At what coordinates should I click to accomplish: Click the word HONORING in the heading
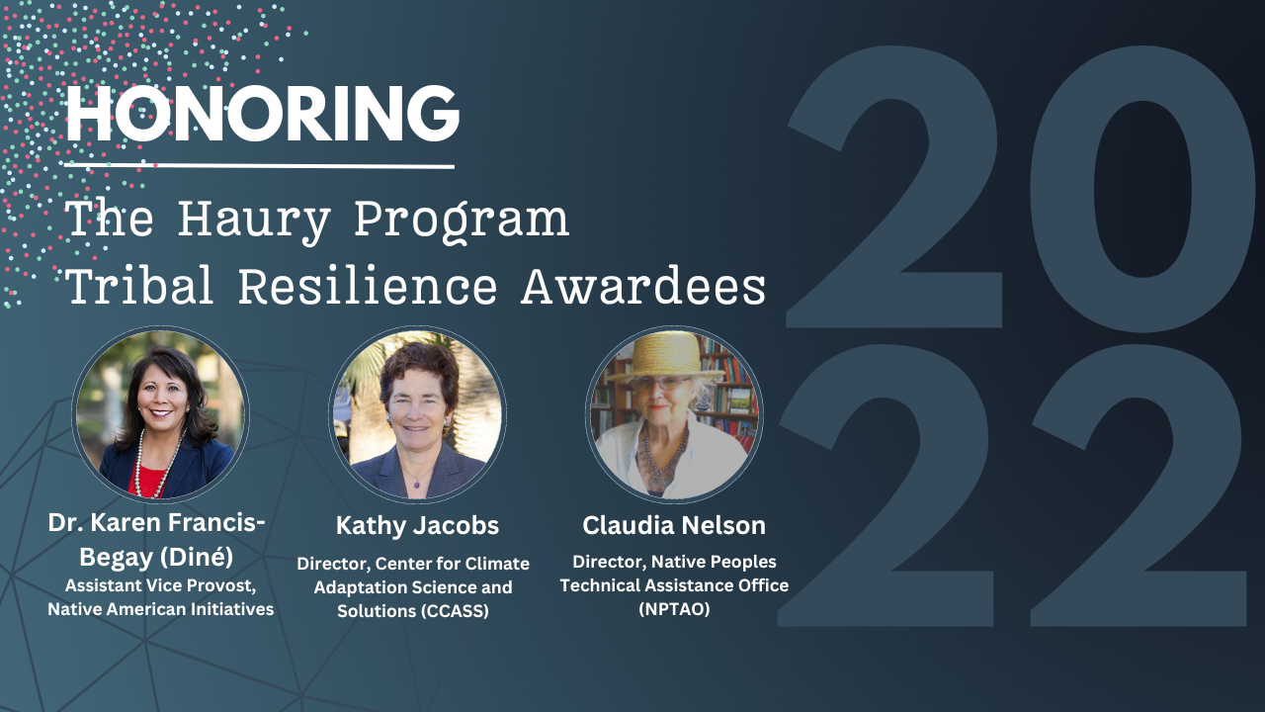pyautogui.click(x=263, y=114)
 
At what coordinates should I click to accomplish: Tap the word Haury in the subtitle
pyautogui.click(x=254, y=221)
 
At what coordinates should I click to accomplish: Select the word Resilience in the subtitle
pyautogui.click(x=368, y=286)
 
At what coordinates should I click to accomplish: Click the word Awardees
pyautogui.click(x=643, y=286)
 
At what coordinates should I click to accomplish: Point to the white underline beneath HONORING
pyautogui.click(x=259, y=166)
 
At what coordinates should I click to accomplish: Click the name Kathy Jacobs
pyautogui.click(x=417, y=525)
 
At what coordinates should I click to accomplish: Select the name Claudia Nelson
pyautogui.click(x=674, y=525)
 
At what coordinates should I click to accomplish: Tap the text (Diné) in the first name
pyautogui.click(x=196, y=557)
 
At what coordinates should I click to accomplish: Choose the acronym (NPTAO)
pyautogui.click(x=674, y=608)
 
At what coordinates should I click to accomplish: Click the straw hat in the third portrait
pyautogui.click(x=667, y=356)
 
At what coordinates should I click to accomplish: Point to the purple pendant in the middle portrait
pyautogui.click(x=417, y=484)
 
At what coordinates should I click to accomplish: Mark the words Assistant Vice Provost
pyautogui.click(x=161, y=585)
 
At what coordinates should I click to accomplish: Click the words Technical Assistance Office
pyautogui.click(x=674, y=585)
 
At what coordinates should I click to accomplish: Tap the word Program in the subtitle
pyautogui.click(x=462, y=221)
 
